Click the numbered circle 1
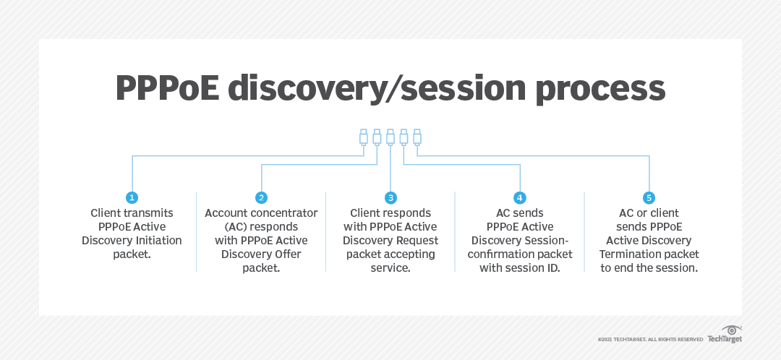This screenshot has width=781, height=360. coord(132,197)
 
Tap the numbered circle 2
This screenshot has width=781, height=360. coord(261,197)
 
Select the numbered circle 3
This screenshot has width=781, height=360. coord(390,197)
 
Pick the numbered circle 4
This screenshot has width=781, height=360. coord(519,197)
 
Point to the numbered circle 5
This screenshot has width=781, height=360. coord(649,197)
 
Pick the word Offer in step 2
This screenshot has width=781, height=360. coord(287,254)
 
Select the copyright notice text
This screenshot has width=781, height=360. coord(649,339)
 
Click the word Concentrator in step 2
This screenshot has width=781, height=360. coord(284,213)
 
